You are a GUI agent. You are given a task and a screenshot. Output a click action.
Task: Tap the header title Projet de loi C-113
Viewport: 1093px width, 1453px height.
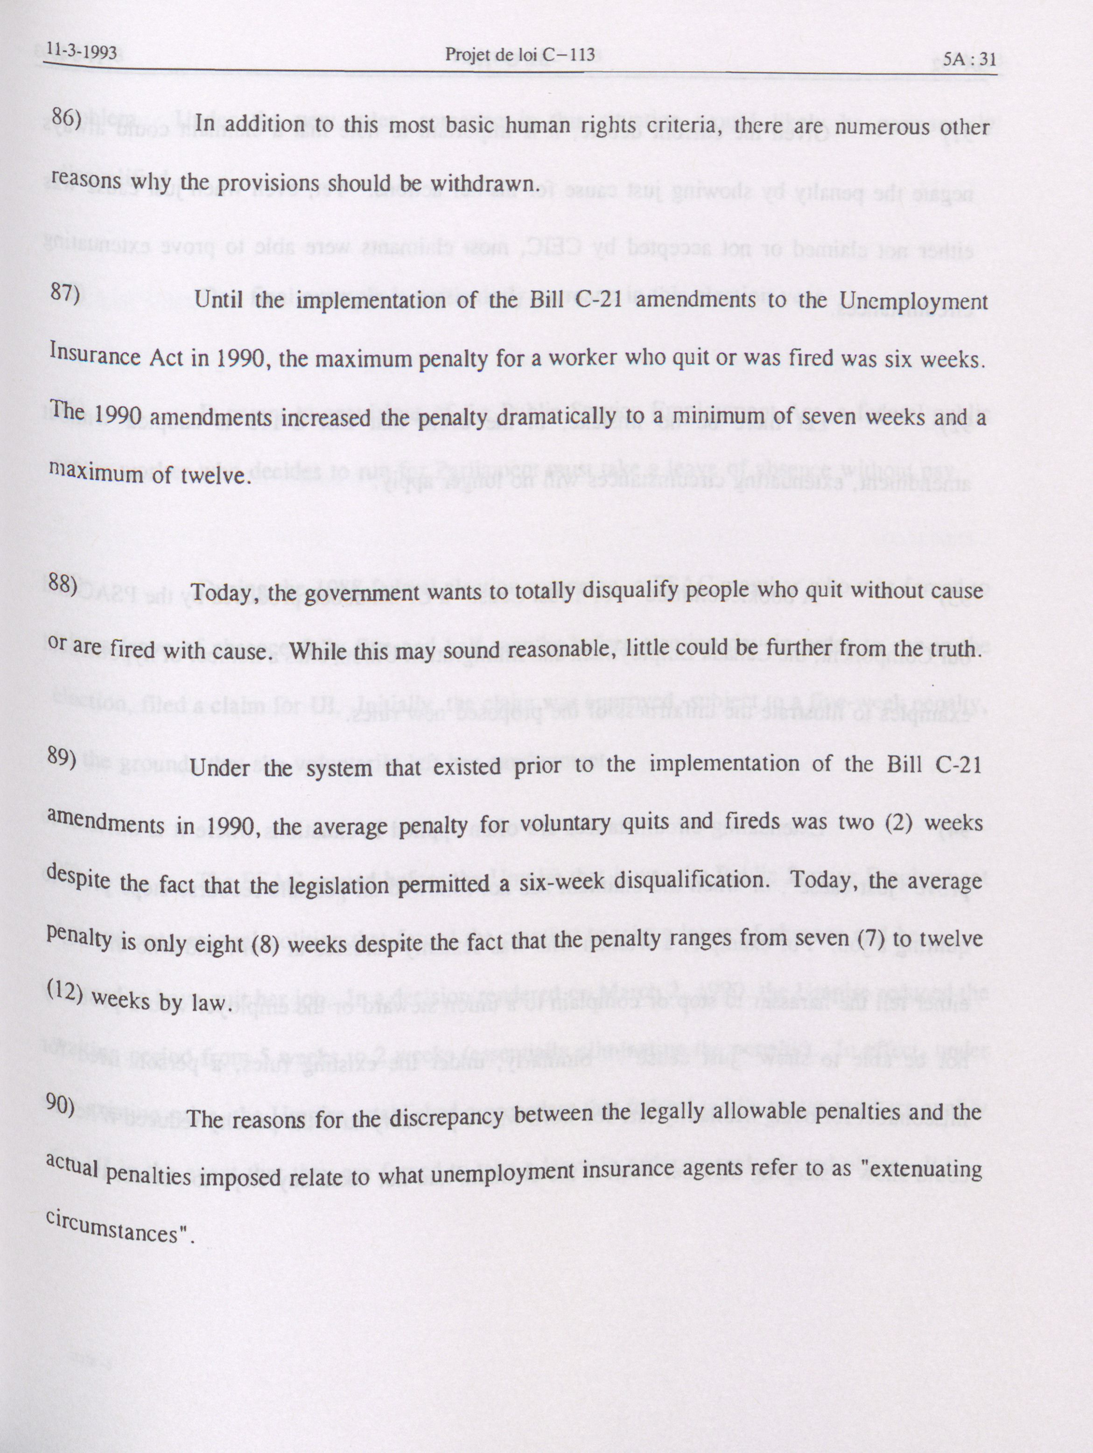(519, 55)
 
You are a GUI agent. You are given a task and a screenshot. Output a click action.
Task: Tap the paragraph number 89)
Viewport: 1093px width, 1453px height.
(63, 758)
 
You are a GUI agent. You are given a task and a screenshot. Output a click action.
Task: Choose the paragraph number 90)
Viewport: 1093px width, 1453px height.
(60, 1106)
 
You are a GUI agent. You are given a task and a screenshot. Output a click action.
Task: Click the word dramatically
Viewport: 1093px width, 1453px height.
(552, 418)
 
